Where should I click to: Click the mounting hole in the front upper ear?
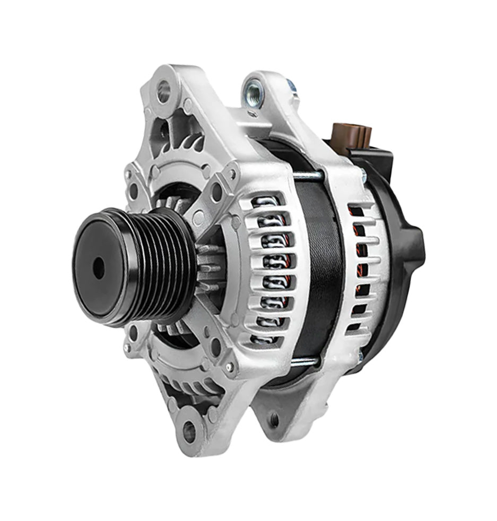[x=165, y=91]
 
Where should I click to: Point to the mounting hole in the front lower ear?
[x=189, y=431]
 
